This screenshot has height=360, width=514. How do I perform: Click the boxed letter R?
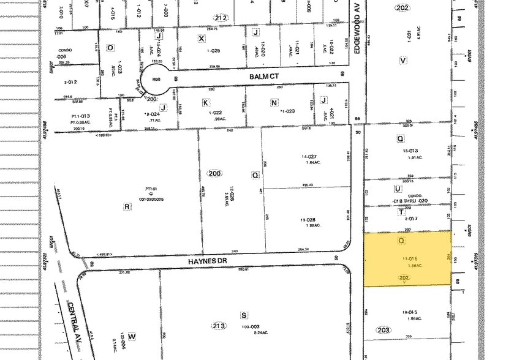[127, 206]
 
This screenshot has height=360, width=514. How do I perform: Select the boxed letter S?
[244, 315]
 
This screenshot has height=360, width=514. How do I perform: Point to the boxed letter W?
[131, 336]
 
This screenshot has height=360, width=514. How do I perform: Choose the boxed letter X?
[200, 38]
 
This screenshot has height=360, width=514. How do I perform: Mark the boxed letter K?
[206, 103]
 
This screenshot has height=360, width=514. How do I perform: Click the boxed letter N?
[274, 103]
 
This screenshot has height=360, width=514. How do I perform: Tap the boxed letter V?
[403, 60]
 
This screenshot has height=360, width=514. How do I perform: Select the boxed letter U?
[398, 189]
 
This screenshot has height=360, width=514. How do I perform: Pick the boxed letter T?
[401, 212]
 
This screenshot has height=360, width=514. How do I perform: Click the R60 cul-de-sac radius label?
[156, 78]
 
